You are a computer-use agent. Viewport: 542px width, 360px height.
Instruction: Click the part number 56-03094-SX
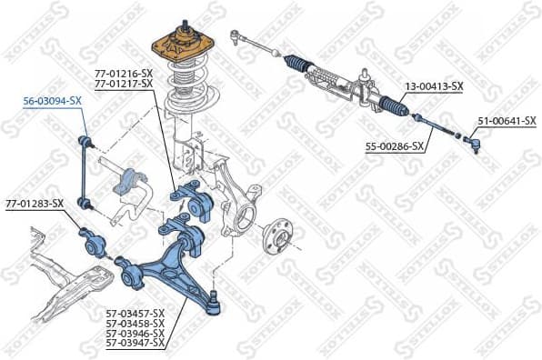53,102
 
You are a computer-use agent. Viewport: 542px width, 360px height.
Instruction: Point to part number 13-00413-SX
434,87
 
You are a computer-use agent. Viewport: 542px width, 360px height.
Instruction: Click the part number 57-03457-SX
135,313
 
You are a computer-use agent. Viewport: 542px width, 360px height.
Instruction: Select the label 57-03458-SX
135,323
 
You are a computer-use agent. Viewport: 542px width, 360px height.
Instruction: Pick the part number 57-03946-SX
135,333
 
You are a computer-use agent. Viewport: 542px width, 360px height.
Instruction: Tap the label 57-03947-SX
135,343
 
